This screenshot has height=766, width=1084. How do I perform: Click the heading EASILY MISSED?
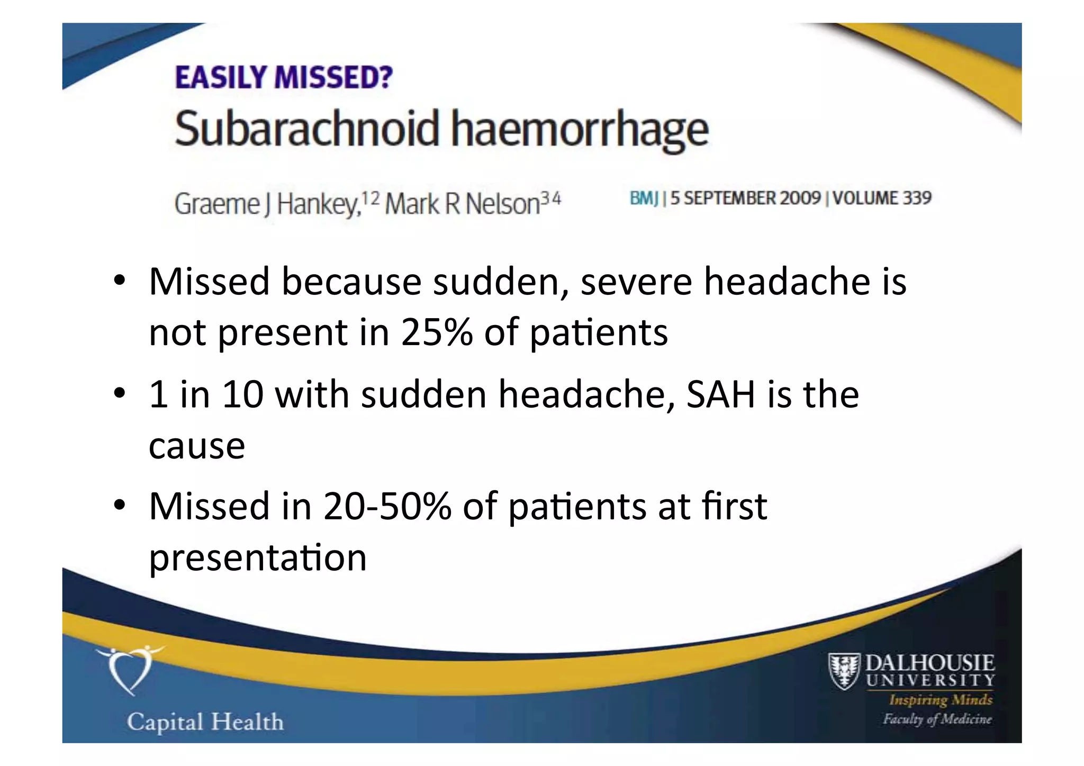284,78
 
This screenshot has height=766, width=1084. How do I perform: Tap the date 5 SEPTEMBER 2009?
745,199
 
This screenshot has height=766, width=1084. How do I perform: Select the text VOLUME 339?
882,199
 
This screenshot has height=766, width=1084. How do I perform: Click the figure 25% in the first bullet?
437,332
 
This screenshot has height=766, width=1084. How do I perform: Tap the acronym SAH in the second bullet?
720,394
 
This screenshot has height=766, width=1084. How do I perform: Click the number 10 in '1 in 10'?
242,394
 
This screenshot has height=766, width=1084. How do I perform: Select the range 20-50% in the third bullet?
387,507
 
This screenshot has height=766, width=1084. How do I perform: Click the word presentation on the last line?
258,558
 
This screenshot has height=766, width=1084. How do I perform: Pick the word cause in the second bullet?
197,446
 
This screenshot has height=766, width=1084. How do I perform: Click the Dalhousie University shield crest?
843,671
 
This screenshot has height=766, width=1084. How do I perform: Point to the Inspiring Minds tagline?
940,700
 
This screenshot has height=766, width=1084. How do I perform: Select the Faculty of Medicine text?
937,719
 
